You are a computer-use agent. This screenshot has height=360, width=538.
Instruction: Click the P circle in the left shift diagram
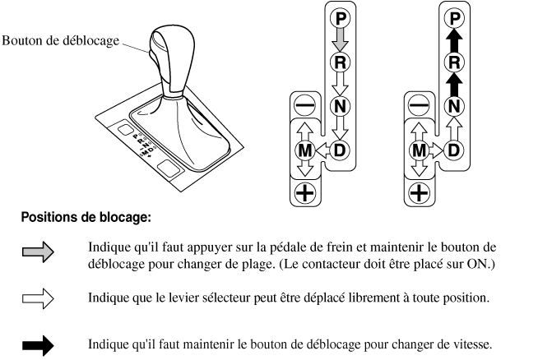click(x=340, y=18)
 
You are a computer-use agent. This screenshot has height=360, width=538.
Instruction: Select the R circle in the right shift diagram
click(x=454, y=62)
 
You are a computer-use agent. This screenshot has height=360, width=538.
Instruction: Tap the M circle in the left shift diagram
click(x=304, y=150)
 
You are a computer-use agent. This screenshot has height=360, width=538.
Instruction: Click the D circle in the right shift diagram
click(x=454, y=150)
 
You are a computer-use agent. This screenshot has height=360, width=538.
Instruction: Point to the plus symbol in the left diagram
click(x=304, y=193)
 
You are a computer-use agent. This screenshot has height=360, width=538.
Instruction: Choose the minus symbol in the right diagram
click(x=419, y=105)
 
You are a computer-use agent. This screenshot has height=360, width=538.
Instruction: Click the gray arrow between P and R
click(x=340, y=40)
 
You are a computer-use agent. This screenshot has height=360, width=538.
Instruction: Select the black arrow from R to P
click(x=454, y=40)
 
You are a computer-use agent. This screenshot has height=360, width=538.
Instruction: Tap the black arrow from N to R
click(x=454, y=84)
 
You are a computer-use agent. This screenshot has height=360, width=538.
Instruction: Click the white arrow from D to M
click(x=322, y=150)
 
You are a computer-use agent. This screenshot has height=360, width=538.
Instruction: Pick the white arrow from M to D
click(x=436, y=150)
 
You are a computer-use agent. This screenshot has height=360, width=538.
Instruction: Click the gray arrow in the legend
click(x=38, y=252)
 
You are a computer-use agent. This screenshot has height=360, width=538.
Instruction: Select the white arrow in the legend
click(x=38, y=298)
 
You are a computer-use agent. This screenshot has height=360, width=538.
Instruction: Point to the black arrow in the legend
click(x=38, y=345)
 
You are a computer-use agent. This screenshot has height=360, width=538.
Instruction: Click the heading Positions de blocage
click(x=86, y=218)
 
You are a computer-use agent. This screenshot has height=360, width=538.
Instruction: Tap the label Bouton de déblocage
click(x=60, y=41)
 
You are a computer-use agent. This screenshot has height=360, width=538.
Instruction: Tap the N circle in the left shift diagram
click(x=340, y=106)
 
